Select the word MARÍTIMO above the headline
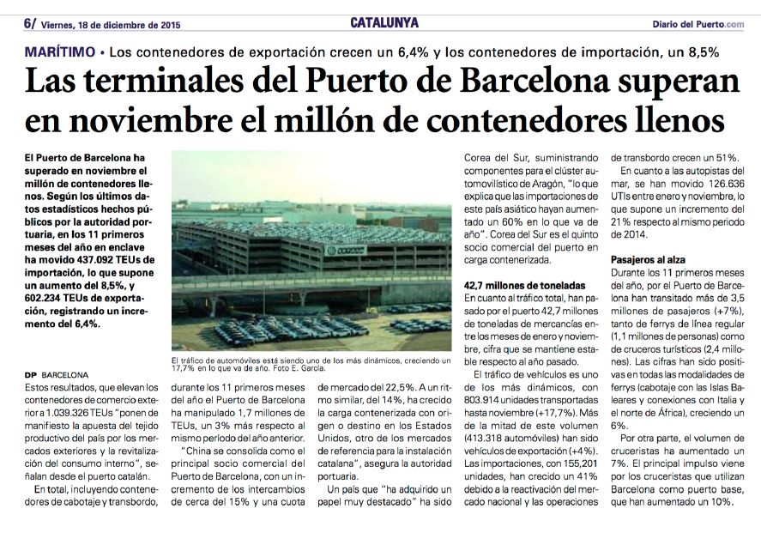click(x=59, y=51)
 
